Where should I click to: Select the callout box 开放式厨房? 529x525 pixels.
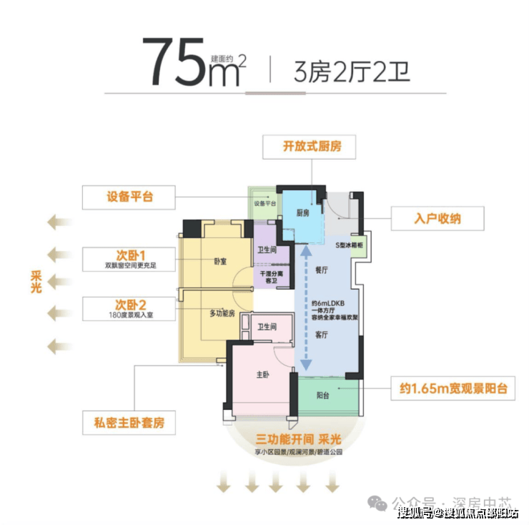311,147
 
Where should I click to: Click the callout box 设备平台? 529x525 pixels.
129,197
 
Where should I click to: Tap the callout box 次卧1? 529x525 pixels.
129,259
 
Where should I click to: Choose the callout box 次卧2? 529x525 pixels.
129,309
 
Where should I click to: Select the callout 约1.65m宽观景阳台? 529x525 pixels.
453,389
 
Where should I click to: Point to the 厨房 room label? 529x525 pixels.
302,213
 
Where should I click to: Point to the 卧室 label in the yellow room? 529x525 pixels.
220,262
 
